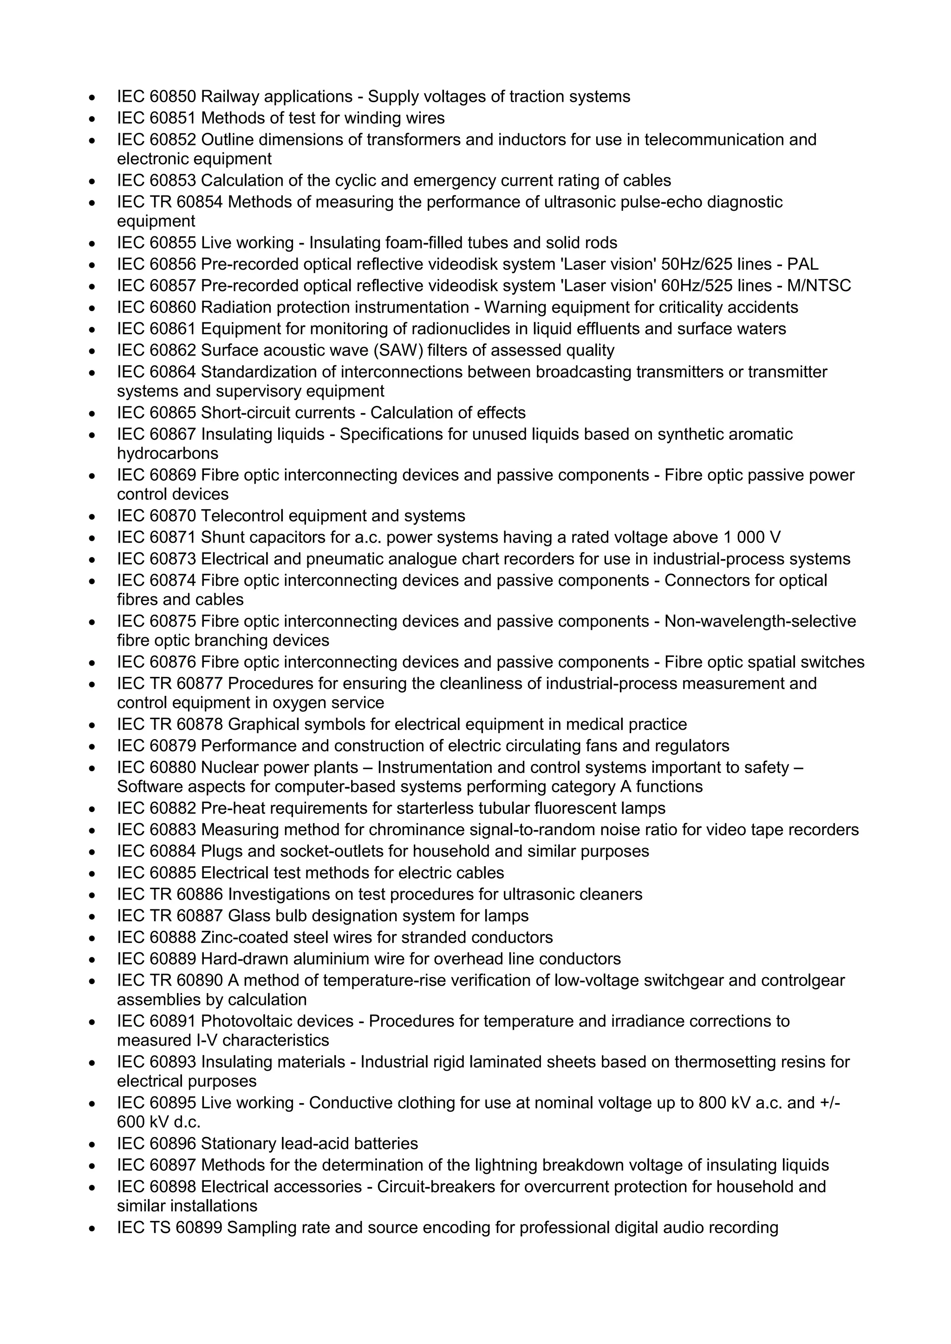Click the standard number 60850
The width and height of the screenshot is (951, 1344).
(x=173, y=97)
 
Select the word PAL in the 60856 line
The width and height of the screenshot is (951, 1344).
(x=803, y=265)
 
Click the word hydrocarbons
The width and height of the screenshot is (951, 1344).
(x=168, y=454)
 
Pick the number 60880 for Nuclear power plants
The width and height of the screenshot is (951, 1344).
(x=173, y=767)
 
